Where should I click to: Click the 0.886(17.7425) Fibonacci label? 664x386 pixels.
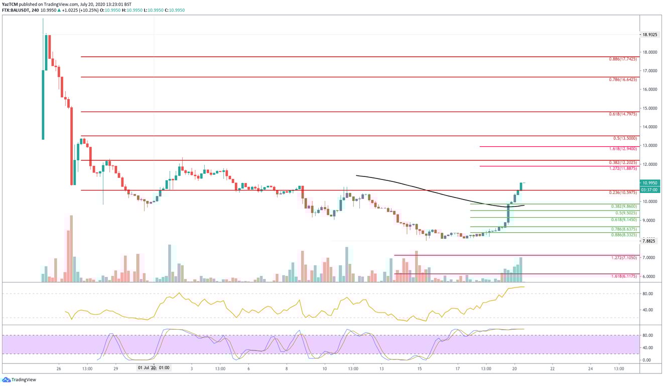[x=621, y=59]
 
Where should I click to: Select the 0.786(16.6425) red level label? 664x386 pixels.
[x=621, y=79]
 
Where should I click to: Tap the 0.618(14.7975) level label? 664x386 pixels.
[x=621, y=114]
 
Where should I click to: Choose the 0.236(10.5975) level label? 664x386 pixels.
[x=621, y=193]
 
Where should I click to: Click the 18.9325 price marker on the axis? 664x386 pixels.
[x=651, y=35]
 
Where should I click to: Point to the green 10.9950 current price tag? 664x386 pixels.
[x=651, y=183]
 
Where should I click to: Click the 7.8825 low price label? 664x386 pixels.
[x=650, y=241]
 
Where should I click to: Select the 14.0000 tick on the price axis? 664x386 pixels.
[x=650, y=127]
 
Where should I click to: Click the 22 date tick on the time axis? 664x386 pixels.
[x=552, y=368]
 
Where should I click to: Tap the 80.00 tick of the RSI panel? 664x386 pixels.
[x=648, y=294]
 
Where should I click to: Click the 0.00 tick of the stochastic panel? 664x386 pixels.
[x=648, y=360]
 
